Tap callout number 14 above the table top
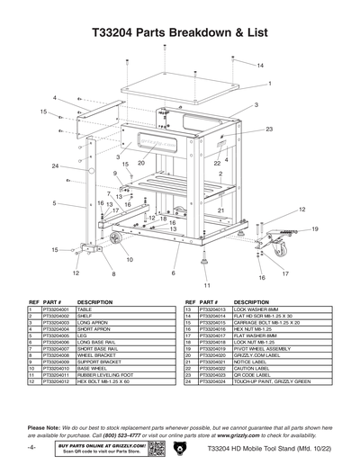coord(260,67)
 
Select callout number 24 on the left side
coord(55,166)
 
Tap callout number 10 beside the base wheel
coord(130,259)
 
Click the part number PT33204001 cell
coord(52,309)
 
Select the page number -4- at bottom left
coord(31,447)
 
